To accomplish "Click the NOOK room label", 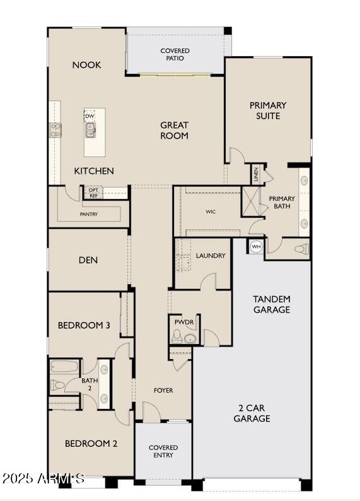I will (x=86, y=65).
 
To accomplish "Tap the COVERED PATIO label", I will (x=175, y=54).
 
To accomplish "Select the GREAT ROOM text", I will (x=174, y=130).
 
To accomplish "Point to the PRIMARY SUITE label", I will (x=267, y=110).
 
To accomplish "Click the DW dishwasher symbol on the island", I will (x=90, y=116).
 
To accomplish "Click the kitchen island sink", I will (x=91, y=130).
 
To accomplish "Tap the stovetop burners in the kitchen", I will (x=55, y=130).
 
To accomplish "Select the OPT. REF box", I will (x=94, y=193).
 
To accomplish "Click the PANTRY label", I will (x=89, y=214).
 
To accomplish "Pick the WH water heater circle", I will (x=256, y=246).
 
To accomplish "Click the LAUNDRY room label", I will (x=211, y=255).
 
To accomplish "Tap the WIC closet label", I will (x=211, y=212).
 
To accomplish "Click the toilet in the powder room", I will (x=177, y=339).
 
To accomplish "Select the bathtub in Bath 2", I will (x=64, y=367).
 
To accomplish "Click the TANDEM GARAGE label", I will (x=272, y=304).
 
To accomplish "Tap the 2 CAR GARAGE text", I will (x=252, y=413).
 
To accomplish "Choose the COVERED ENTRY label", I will (x=163, y=451).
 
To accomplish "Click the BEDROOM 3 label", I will (x=84, y=325).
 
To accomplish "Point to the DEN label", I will (x=88, y=260).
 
